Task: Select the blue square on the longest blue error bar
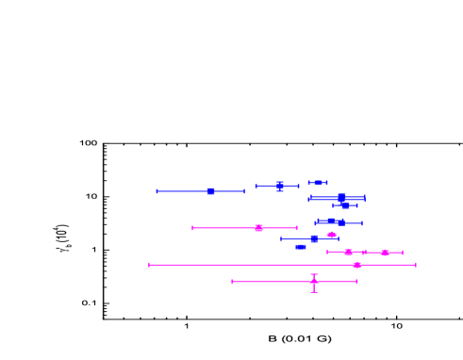[x=210, y=191]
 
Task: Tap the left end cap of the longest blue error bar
[x=157, y=191]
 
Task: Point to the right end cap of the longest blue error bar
[x=244, y=191]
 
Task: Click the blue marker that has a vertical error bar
[x=279, y=186]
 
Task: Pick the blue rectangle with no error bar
[x=301, y=247]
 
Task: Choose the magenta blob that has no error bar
[x=331, y=235]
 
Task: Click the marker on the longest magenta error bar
[x=356, y=265]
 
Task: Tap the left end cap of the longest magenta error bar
[x=149, y=265]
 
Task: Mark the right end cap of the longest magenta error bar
[x=415, y=265]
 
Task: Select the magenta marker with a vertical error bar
[x=314, y=281]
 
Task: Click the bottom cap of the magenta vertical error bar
[x=314, y=292]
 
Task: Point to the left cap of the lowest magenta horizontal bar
[x=233, y=281]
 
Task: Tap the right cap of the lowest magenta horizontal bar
[x=356, y=281]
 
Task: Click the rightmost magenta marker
[x=385, y=253]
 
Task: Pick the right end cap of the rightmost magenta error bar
[x=402, y=253]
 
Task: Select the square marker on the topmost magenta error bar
[x=258, y=228]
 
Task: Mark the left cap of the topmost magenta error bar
[x=192, y=228]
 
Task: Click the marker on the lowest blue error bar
[x=314, y=238]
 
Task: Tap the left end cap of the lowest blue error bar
[x=281, y=238]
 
